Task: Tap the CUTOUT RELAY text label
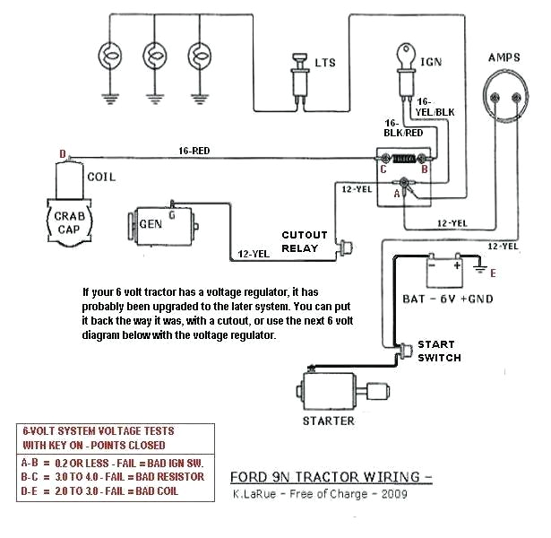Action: pyautogui.click(x=305, y=242)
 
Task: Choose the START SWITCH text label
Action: pyautogui.click(x=439, y=351)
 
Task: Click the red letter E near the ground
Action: pyautogui.click(x=493, y=273)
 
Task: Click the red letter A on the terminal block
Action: pyautogui.click(x=397, y=191)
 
